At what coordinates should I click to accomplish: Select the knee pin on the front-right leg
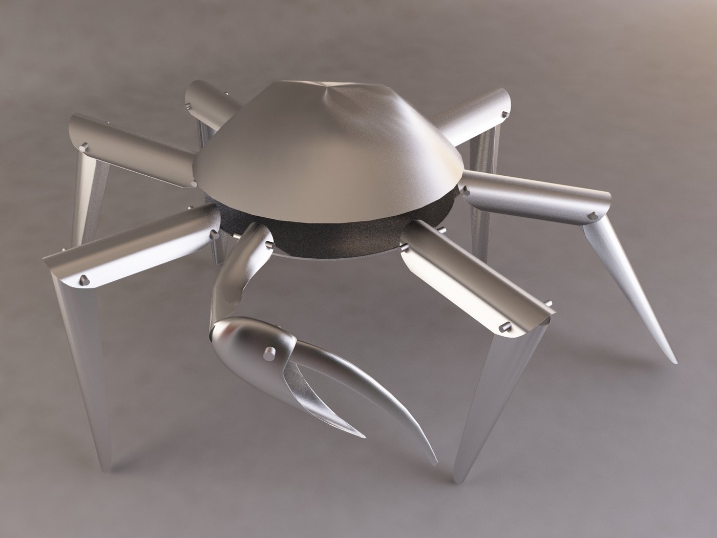tap(503, 326)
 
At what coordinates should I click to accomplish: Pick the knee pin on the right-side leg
tap(594, 215)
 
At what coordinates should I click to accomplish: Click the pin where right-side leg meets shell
tap(465, 190)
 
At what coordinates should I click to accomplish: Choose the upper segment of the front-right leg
tap(471, 282)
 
